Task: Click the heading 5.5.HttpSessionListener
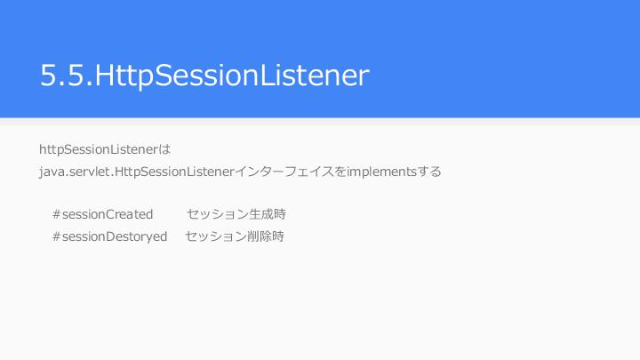pyautogui.click(x=204, y=76)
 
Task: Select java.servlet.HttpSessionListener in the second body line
pyautogui.click(x=137, y=172)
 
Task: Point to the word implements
pyautogui.click(x=381, y=172)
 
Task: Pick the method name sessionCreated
pyautogui.click(x=108, y=214)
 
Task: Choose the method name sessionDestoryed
pyautogui.click(x=115, y=236)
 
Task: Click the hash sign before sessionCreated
pyautogui.click(x=57, y=214)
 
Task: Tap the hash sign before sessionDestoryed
pyautogui.click(x=57, y=236)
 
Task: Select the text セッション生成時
pyautogui.click(x=236, y=214)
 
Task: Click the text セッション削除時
pyautogui.click(x=235, y=236)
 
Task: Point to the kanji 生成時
pyautogui.click(x=268, y=214)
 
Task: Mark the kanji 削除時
pyautogui.click(x=266, y=236)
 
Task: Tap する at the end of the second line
pyautogui.click(x=429, y=172)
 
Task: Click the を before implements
pyautogui.click(x=340, y=172)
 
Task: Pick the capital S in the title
pyautogui.click(x=164, y=75)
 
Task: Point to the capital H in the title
pyautogui.click(x=104, y=75)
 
